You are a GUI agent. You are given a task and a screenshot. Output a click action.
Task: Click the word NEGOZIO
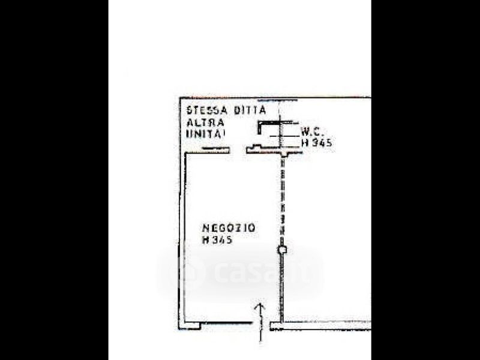tap(229, 228)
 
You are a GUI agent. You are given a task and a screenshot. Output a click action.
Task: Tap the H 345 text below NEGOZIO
tap(217, 240)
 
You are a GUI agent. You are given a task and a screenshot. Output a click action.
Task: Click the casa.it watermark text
tap(240, 274)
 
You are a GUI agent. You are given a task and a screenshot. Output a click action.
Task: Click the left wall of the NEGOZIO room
tap(181, 240)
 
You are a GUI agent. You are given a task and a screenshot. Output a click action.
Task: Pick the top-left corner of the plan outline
tap(180, 98)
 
